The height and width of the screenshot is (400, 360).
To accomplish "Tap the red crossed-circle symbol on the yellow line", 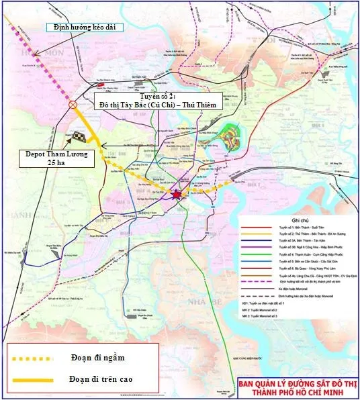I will click(x=73, y=105).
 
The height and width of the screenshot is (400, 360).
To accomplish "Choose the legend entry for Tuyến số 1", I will click(x=296, y=228).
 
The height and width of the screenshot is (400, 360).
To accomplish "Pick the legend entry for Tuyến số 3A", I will click(x=296, y=246).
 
